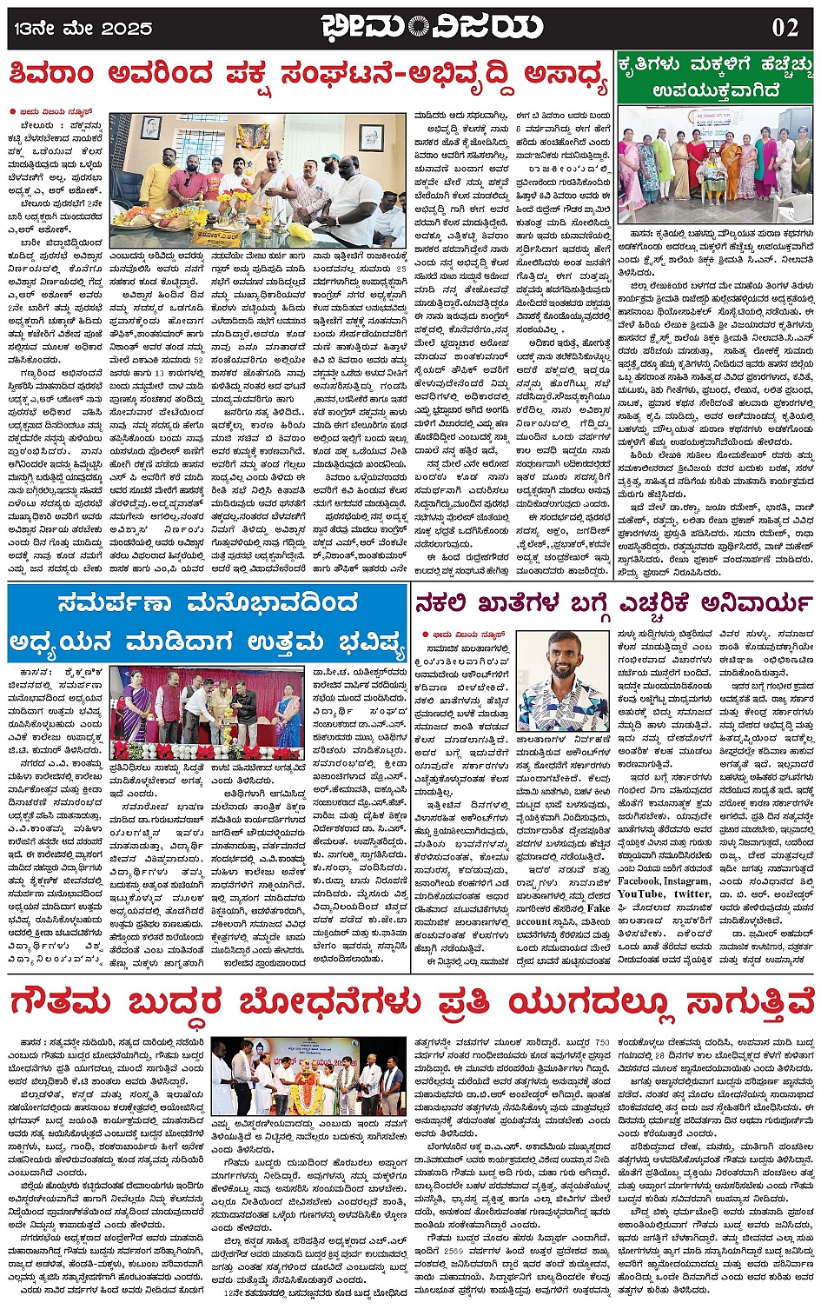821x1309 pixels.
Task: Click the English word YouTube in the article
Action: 640,894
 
